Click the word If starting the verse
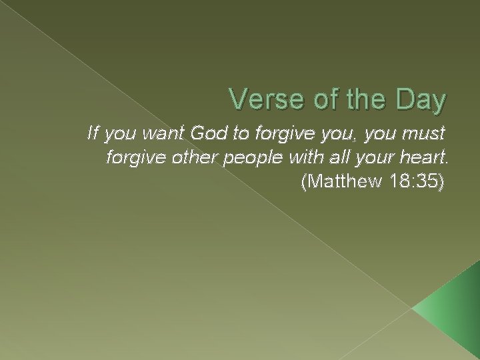[92, 134]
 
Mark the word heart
[422, 157]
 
